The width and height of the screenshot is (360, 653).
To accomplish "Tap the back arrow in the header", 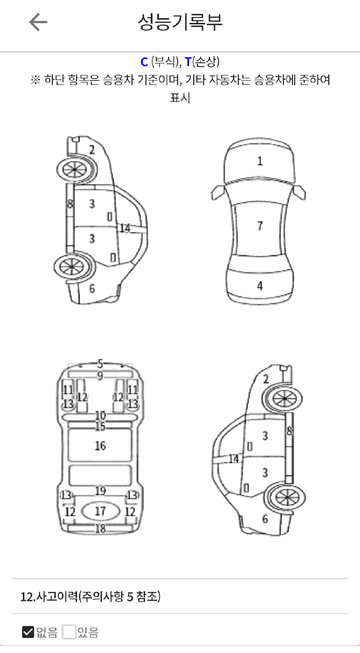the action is (38, 22).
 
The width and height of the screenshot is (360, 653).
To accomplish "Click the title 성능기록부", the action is (180, 22).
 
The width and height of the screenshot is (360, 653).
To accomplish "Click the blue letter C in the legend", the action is (144, 62).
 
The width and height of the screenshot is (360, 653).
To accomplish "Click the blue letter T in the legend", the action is (188, 62).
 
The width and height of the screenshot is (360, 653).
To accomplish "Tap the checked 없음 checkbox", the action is (28, 632).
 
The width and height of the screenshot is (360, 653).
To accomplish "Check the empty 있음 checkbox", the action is (69, 632).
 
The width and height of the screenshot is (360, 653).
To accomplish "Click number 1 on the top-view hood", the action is (260, 161).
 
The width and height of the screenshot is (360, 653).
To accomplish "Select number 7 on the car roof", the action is (260, 226).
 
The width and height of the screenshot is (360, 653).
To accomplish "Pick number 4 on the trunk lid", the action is (260, 286).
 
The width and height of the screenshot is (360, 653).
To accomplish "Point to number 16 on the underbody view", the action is (100, 446).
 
